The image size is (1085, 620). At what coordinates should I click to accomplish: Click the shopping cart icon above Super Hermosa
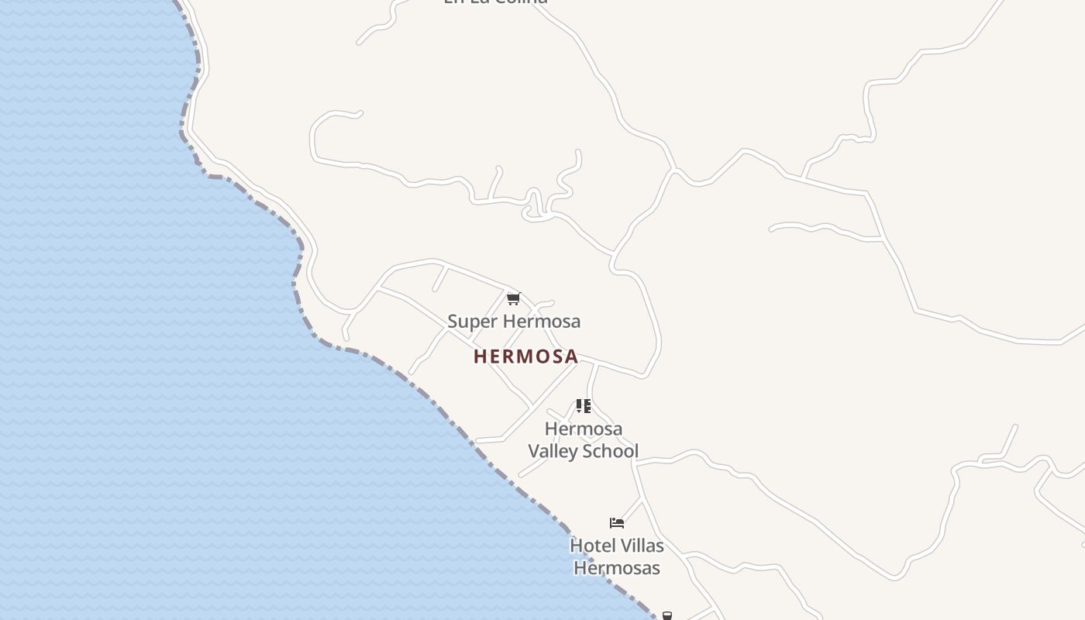513,298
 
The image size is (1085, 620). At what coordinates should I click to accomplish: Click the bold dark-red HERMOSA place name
525,356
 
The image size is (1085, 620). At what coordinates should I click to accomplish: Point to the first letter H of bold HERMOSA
480,356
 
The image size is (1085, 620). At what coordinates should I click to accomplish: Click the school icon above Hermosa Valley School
584,406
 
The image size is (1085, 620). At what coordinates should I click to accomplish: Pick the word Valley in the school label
553,451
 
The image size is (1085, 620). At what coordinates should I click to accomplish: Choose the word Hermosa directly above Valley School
584,429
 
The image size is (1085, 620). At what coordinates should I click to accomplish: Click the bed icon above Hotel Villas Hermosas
617,523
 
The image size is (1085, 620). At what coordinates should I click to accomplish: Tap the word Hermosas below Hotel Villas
617,568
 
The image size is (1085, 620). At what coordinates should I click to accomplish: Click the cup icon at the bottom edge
666,616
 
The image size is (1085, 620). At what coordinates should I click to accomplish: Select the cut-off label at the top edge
496,2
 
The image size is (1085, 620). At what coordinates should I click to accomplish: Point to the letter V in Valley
534,451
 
